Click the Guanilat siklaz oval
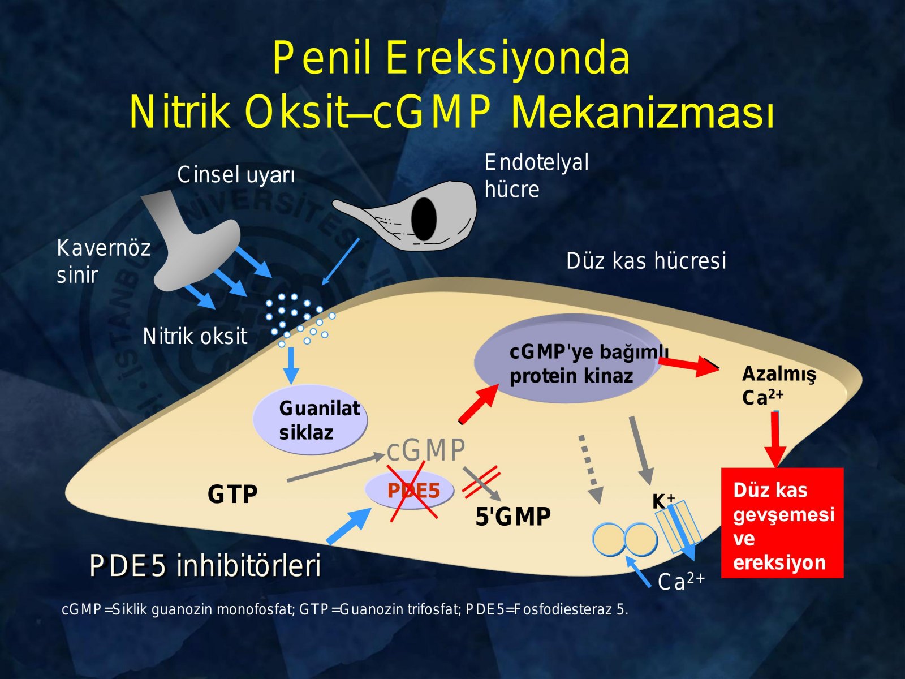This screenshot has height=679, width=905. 309,419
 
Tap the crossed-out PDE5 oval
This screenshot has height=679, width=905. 410,490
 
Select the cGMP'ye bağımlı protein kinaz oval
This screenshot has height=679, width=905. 566,359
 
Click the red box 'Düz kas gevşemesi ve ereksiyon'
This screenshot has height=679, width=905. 782,523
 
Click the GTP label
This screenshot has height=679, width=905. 232,494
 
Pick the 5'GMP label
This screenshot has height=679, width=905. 513,516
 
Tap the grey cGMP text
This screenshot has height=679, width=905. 426,450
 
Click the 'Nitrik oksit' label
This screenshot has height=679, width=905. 195,337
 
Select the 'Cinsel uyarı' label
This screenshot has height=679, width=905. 236,175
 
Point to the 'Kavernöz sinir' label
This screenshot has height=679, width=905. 104,261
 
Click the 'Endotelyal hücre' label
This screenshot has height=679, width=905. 536,175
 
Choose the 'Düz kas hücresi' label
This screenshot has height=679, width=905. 646,261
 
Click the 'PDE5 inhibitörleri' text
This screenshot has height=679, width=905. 205,566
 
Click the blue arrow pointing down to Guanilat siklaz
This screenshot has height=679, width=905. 291,366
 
